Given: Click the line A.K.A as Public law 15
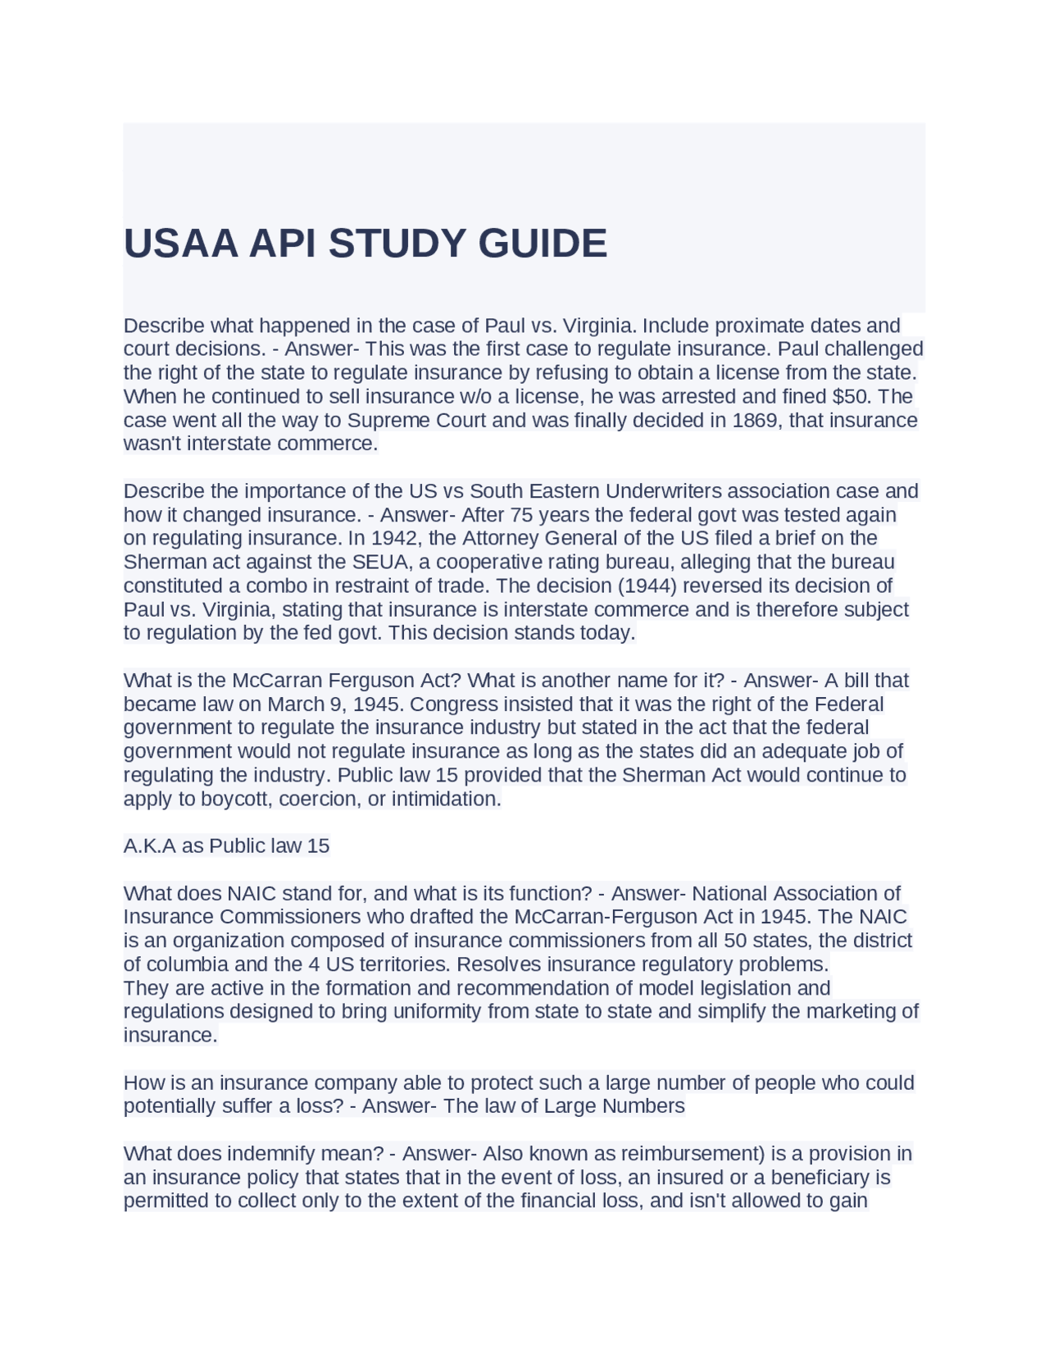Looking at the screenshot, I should point(226,846).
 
